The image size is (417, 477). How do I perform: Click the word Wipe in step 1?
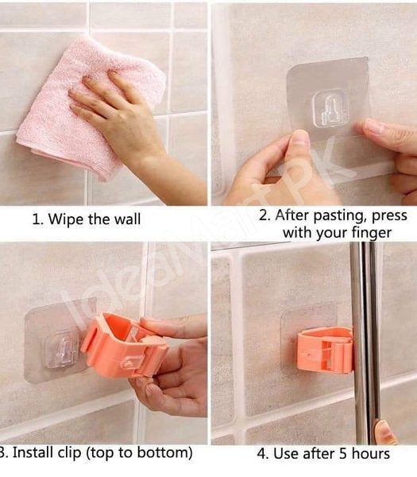pos(66,219)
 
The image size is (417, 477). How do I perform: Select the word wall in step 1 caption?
pos(125,219)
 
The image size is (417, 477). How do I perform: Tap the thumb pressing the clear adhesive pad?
pos(299,144)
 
